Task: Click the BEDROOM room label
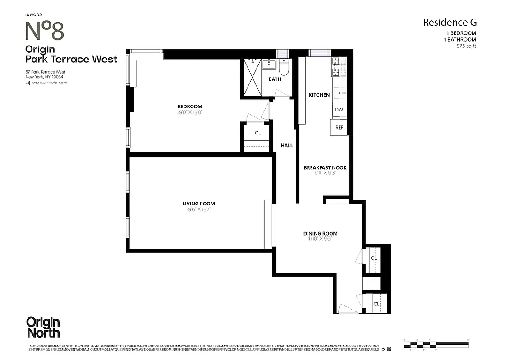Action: (190, 106)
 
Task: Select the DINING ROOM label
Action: (320, 233)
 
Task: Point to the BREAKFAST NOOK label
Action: (325, 167)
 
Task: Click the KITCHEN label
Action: (319, 95)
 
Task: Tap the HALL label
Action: (286, 145)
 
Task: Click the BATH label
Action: (275, 79)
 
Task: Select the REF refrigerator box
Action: (339, 127)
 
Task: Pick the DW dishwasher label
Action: (339, 110)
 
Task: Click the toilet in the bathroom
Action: (284, 68)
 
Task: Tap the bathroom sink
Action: (269, 64)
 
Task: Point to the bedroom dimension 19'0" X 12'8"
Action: (190, 112)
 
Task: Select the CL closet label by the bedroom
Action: (257, 133)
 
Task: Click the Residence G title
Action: (449, 22)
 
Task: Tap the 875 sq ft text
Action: (466, 46)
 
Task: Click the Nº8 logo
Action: (44, 31)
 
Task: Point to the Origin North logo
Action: (43, 327)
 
